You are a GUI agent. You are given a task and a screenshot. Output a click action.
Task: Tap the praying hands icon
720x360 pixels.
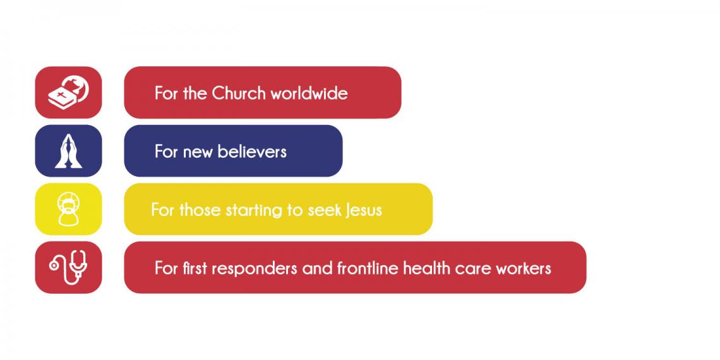click(68, 150)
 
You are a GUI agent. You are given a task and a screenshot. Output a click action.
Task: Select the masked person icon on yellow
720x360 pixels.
click(68, 210)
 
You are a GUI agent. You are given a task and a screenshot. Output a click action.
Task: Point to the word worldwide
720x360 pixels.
click(309, 93)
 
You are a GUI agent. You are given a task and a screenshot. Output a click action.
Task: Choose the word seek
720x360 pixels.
click(324, 210)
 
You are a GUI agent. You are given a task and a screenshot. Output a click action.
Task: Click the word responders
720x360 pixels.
click(255, 268)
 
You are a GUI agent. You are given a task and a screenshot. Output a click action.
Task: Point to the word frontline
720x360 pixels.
click(368, 268)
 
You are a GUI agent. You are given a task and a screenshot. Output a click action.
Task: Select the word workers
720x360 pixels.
click(524, 268)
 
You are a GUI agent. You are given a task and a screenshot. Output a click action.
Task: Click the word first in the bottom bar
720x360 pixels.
click(195, 268)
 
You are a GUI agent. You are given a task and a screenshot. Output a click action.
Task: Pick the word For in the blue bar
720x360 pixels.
click(167, 151)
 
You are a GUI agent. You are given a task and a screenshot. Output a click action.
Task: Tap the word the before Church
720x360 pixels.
click(195, 93)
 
